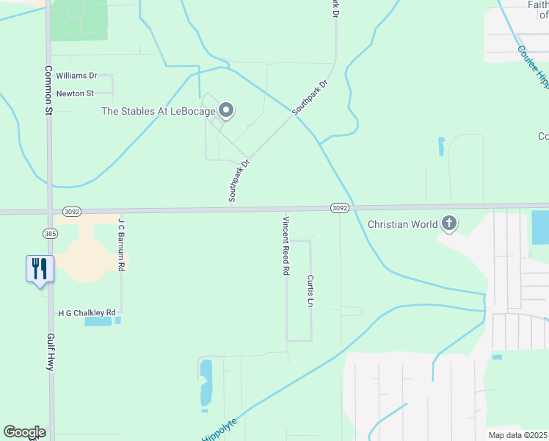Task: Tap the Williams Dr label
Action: pyautogui.click(x=76, y=76)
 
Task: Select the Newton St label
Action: pyautogui.click(x=76, y=93)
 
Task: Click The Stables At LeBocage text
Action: pyautogui.click(x=158, y=112)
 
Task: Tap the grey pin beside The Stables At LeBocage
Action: pyautogui.click(x=226, y=111)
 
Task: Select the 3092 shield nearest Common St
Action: pyautogui.click(x=71, y=210)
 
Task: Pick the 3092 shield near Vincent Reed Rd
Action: pyautogui.click(x=338, y=208)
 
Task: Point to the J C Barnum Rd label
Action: pyautogui.click(x=122, y=244)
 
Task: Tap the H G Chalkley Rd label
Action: pyautogui.click(x=87, y=313)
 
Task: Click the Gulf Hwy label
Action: pyautogui.click(x=51, y=351)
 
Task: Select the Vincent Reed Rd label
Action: pyautogui.click(x=286, y=245)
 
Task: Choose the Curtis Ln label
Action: pyautogui.click(x=311, y=291)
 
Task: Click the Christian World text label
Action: pyautogui.click(x=403, y=224)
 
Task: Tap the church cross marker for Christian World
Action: pyautogui.click(x=448, y=223)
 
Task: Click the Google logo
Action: pyautogui.click(x=24, y=432)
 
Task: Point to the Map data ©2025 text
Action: pyautogui.click(x=518, y=435)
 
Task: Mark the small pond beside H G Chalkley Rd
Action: pyautogui.click(x=95, y=321)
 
